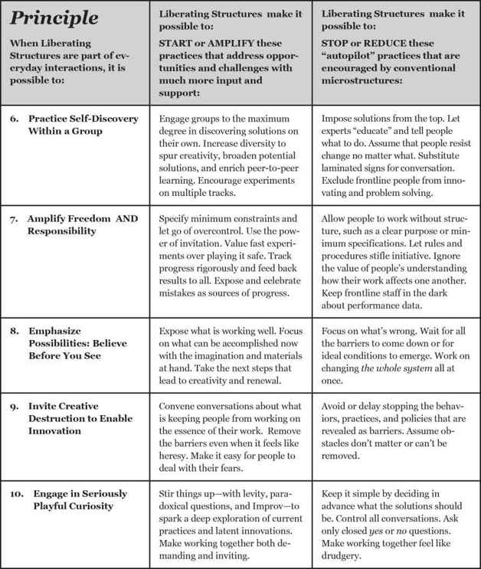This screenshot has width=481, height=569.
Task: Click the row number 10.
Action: pos(15,492)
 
